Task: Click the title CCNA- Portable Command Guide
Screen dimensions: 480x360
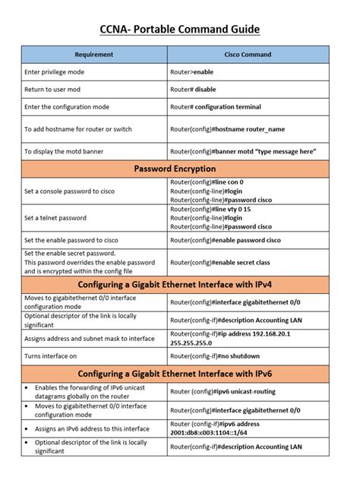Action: coord(180,30)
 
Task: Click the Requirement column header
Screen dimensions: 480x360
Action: coord(94,55)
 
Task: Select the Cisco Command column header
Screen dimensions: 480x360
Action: coord(248,55)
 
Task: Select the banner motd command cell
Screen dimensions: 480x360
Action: coord(243,152)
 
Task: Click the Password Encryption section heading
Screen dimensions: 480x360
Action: coord(175,169)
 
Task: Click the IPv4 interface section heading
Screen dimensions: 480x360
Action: coord(175,284)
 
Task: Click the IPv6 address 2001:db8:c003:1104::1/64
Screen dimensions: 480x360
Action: coord(216,433)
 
